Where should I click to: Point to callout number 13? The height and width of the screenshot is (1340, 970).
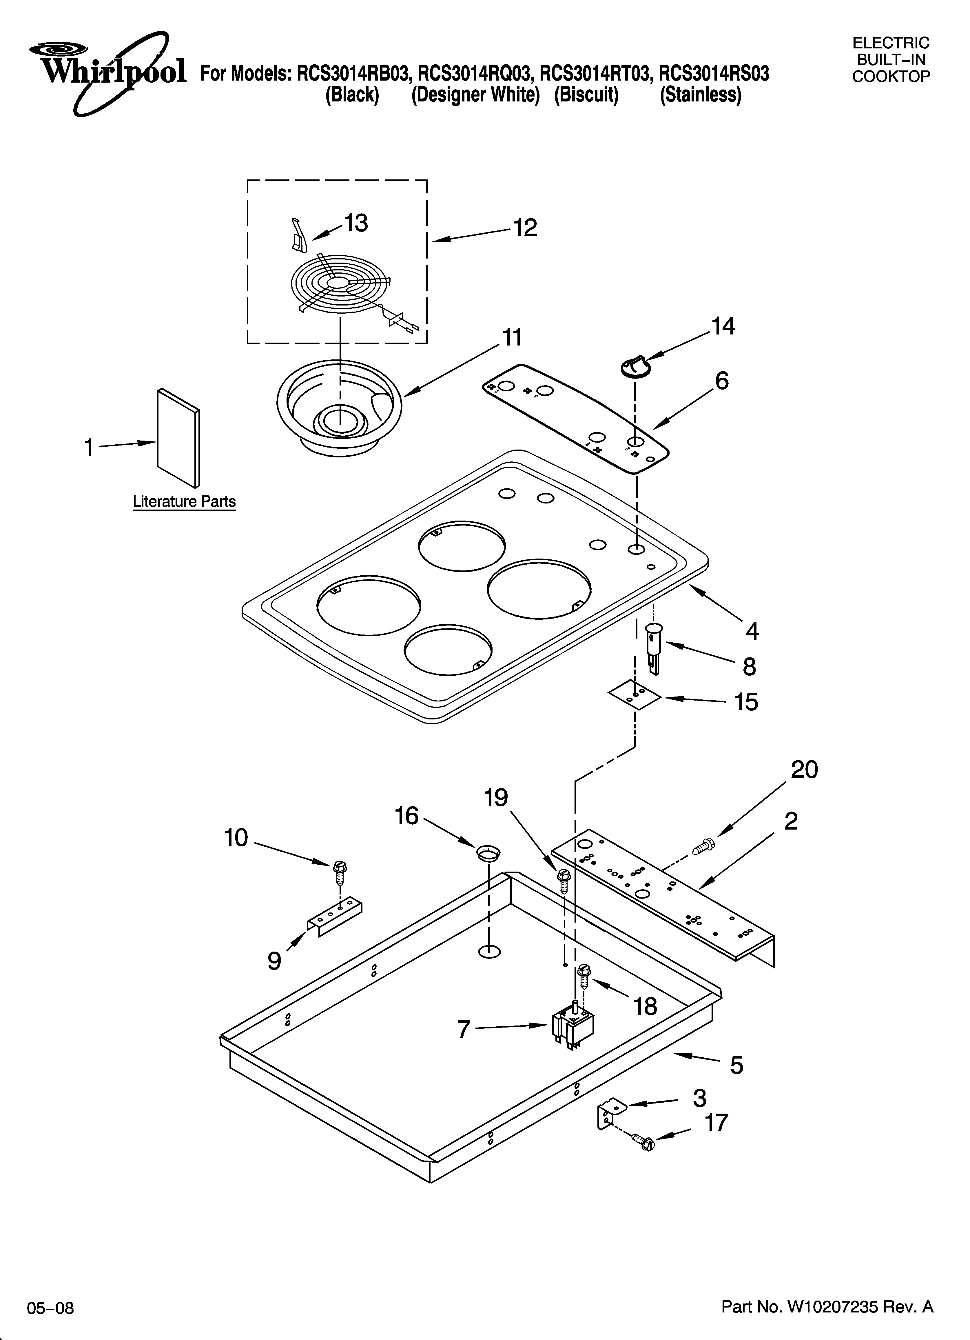356,223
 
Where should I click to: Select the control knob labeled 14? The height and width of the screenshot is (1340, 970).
635,366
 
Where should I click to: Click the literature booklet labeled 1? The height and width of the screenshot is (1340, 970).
178,437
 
